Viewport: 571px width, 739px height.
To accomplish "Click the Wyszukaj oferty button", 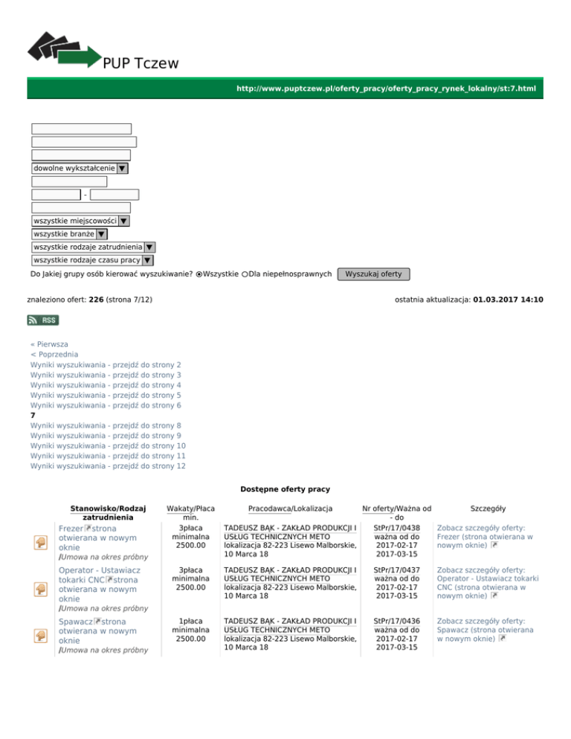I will [373, 274].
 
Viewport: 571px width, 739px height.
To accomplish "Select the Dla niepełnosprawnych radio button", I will [245, 275].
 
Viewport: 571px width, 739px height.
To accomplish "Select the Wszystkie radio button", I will [199, 275].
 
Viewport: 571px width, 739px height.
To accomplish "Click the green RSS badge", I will [43, 320].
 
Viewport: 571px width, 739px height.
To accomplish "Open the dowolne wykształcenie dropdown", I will [80, 169].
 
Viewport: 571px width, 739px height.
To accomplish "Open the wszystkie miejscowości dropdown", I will [80, 221].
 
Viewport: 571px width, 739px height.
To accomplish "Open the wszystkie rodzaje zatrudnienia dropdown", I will [93, 248].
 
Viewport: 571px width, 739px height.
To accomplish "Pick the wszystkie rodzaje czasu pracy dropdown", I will [92, 261].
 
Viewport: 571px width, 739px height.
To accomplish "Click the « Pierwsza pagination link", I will [49, 346].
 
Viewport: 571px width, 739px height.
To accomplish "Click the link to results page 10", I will [108, 445].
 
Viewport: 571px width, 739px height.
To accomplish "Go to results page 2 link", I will [106, 366].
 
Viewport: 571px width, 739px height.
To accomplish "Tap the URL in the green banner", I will [385, 88].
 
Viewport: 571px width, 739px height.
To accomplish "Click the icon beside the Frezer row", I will [41, 543].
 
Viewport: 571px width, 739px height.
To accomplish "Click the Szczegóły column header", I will [488, 509].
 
